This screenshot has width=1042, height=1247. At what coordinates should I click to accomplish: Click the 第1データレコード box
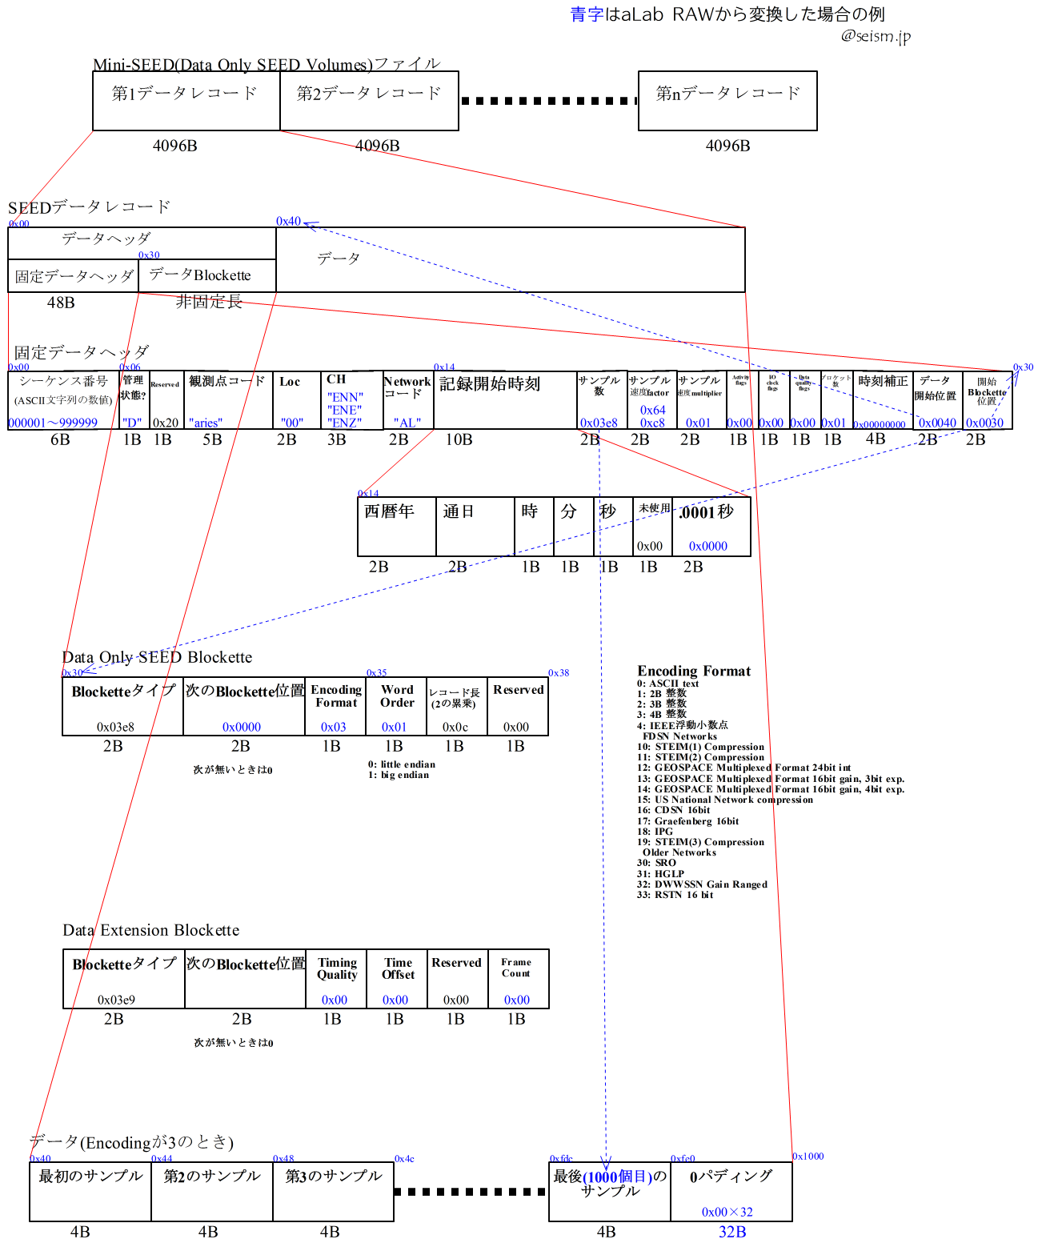coord(186,101)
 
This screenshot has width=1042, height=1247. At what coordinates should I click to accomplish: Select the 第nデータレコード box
coord(727,101)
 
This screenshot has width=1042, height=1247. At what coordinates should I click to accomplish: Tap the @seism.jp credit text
coord(876,36)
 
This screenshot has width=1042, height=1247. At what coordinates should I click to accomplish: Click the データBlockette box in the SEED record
coord(206,276)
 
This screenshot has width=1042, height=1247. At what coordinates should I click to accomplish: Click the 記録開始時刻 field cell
coord(504,399)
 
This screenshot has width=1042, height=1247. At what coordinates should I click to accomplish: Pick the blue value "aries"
coord(206,423)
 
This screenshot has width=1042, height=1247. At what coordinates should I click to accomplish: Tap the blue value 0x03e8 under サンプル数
coord(599,423)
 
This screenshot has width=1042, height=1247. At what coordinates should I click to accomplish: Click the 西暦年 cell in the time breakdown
coord(396,526)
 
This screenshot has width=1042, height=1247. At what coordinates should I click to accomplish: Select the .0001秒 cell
coord(711,526)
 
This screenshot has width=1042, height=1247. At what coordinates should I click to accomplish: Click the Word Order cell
coord(397,707)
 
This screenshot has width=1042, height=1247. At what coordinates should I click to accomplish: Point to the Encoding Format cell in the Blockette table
coord(335,707)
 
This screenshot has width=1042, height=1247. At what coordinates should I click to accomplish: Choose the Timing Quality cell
coord(336,978)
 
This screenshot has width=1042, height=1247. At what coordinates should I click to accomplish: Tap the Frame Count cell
coord(518,978)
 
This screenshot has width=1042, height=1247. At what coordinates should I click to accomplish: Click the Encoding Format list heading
coord(694,671)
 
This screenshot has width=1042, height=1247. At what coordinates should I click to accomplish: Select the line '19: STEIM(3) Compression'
coord(700,842)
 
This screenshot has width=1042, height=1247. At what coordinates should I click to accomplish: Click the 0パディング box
coord(731,1191)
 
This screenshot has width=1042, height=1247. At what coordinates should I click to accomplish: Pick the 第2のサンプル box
coord(212,1191)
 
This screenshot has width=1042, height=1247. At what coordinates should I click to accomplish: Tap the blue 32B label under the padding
coord(732,1232)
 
